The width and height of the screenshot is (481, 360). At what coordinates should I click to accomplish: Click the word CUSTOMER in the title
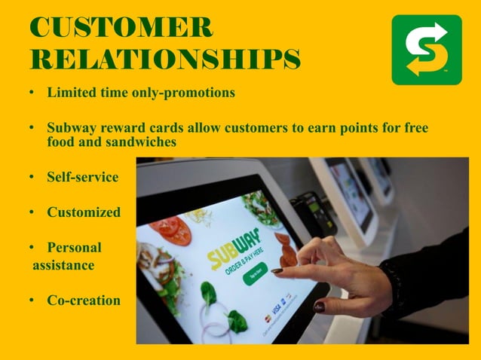[121, 27]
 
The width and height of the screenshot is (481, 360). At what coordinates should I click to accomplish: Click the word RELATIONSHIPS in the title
[164, 58]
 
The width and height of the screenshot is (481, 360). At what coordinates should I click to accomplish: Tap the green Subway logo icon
[426, 50]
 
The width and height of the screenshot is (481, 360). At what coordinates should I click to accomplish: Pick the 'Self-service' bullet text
[83, 178]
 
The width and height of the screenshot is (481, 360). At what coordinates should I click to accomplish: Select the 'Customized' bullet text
[84, 212]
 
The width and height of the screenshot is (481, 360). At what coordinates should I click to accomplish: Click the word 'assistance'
[63, 265]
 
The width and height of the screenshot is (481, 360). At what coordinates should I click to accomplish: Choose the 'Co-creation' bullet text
[84, 301]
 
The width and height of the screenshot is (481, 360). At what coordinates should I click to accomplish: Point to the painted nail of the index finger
[277, 270]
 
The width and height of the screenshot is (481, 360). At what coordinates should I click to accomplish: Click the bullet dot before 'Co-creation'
[32, 301]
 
